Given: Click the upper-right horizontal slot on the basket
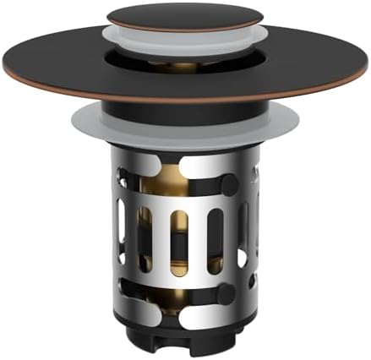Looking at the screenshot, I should (x=216, y=181).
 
